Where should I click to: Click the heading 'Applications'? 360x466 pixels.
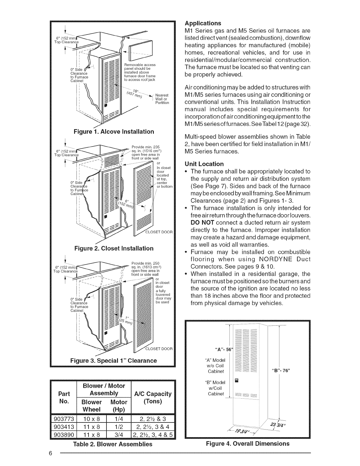coord(203,23)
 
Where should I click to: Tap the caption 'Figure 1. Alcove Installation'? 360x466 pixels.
coord(114,132)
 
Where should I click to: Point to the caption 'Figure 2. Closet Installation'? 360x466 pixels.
coord(114,248)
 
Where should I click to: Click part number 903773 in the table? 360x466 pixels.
coord(64,419)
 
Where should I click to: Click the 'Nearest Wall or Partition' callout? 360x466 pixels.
coord(162,99)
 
